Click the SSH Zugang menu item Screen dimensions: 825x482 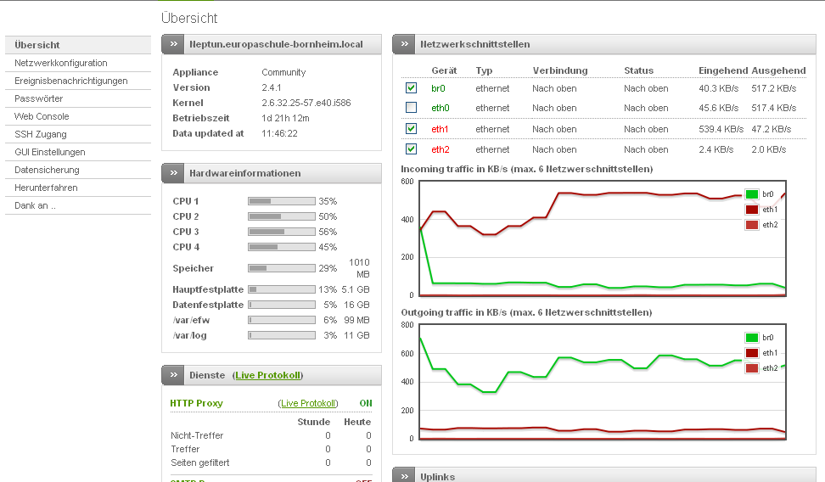tap(41, 134)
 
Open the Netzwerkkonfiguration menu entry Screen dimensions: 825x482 tap(61, 63)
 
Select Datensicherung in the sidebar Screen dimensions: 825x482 tap(47, 170)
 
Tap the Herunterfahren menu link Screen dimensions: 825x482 tap(46, 188)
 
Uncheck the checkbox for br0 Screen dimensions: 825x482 tap(412, 88)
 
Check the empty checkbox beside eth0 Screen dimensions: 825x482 tap(412, 107)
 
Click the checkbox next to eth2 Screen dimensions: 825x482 tap(412, 149)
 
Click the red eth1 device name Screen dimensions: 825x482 tap(440, 129)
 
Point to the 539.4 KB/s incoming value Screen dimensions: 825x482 tap(721, 129)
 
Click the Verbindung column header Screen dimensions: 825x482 tap(560, 70)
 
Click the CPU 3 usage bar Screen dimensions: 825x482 tap(282, 232)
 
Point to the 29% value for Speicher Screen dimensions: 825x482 tap(328, 268)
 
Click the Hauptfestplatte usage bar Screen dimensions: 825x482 tap(282, 289)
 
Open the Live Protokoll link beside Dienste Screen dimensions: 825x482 tap(268, 375)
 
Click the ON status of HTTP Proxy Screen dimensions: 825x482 tap(366, 403)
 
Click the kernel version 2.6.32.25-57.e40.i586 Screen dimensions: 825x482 tap(306, 104)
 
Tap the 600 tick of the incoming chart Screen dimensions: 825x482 tap(407, 182)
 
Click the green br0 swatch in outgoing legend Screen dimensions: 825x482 tap(752, 338)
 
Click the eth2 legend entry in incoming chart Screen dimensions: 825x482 tap(761, 225)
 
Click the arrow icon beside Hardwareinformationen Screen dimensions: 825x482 tap(174, 173)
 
